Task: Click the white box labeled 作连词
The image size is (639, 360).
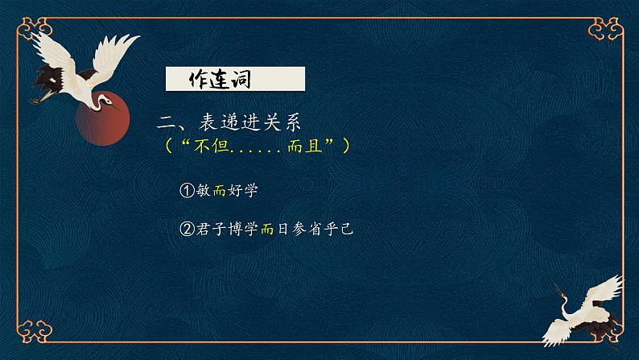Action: (x=234, y=80)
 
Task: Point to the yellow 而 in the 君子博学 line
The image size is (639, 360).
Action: (x=268, y=229)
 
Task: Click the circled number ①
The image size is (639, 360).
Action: (x=187, y=190)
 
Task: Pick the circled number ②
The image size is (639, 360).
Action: (x=187, y=229)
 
